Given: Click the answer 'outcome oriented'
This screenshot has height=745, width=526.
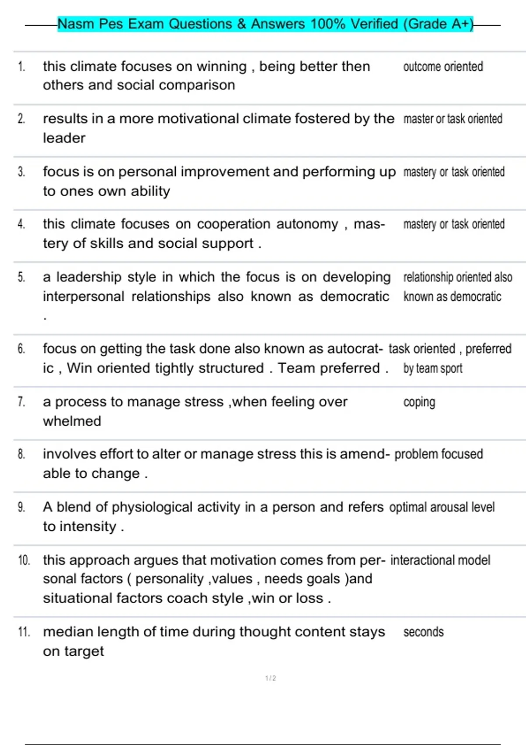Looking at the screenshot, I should point(443,67).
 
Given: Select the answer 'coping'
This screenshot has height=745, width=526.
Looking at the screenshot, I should point(419,402).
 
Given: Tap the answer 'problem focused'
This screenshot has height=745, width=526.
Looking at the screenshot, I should point(438,454).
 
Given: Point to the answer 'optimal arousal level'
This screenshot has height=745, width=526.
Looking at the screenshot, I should point(442,507).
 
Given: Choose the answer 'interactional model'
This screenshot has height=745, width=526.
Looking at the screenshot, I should point(440,560).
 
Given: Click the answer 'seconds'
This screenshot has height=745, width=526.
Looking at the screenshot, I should point(423,632).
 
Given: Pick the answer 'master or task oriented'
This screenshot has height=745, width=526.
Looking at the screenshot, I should point(453,119).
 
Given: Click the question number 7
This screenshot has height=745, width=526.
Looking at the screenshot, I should point(21,402).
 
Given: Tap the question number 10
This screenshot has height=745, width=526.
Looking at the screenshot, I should point(24,560).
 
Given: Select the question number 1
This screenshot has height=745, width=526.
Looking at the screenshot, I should point(21,67).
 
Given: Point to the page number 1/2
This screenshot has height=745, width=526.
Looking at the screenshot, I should point(270,678).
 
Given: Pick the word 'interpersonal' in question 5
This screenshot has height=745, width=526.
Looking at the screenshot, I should point(83,297).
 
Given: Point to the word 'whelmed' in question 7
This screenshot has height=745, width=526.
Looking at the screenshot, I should point(72,421).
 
